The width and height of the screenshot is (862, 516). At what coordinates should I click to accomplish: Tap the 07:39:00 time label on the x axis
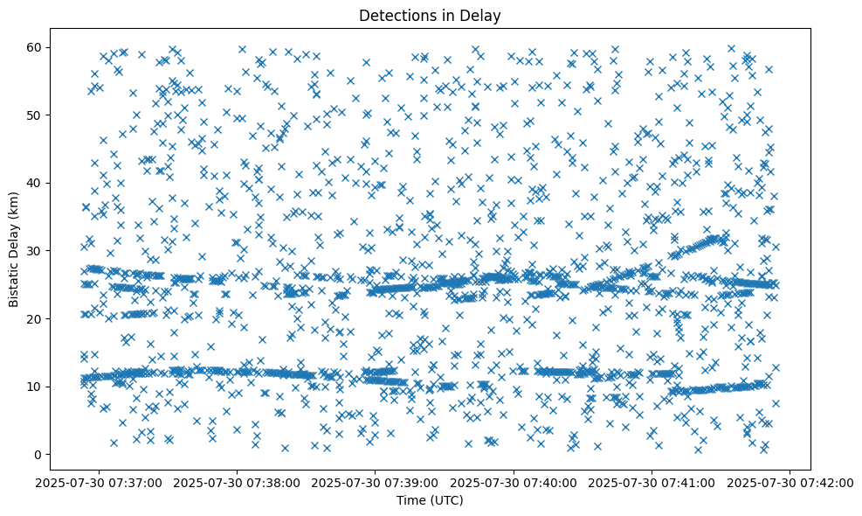pos(376,482)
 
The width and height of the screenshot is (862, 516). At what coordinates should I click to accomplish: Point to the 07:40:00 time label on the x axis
pos(514,482)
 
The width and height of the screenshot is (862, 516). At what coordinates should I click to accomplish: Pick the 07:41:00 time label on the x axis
pos(652,482)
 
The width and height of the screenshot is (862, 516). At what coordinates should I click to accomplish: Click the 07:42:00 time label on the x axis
pos(791,482)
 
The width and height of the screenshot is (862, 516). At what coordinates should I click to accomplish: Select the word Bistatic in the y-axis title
pos(15,280)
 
